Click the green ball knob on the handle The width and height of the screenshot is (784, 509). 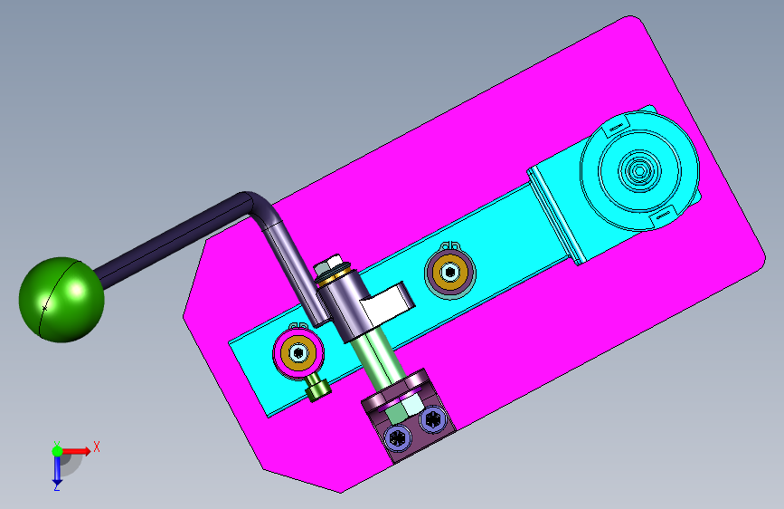pos(61,300)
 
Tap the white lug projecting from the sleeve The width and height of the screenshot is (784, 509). pos(388,304)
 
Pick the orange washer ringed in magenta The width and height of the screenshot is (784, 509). pos(299,353)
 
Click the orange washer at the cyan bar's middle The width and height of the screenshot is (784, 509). pos(450,273)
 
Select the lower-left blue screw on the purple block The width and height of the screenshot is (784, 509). pos(398,438)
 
